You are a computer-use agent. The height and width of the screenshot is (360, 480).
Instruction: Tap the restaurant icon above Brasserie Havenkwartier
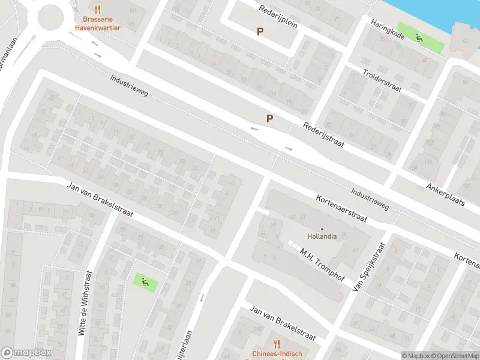click(98, 9)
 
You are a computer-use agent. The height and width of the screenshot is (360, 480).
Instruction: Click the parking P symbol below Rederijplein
click(260, 32)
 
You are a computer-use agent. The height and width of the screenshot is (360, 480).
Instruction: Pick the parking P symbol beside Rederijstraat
click(270, 119)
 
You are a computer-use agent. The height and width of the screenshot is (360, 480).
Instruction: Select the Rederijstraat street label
click(322, 137)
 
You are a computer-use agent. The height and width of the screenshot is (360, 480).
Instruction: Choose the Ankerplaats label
click(446, 194)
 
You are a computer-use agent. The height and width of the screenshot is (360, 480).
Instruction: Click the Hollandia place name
click(322, 236)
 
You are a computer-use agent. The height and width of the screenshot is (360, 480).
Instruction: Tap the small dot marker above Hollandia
click(322, 229)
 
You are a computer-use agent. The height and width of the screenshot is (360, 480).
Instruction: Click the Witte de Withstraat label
click(83, 310)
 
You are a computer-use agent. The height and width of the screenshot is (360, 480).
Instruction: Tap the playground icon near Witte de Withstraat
click(143, 280)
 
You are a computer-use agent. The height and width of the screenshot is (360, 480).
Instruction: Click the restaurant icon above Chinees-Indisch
click(276, 343)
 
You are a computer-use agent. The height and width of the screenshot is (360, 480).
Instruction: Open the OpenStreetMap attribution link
click(454, 356)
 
